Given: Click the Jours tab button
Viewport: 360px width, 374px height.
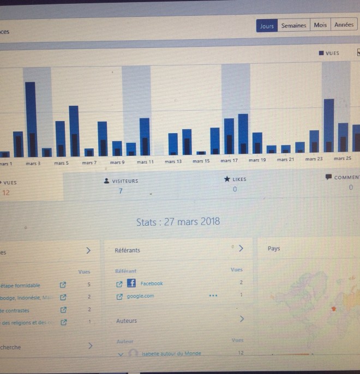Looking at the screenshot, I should coord(267,26).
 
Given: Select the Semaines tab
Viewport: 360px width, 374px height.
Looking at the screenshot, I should coord(293,26).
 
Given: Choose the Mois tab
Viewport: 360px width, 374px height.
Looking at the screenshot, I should coord(320,25).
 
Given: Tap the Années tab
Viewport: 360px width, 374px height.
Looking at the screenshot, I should coord(344,25).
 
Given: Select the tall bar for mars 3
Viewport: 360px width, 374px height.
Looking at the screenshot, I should coord(31,119).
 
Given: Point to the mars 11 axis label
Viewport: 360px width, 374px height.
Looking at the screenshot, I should coord(145,162).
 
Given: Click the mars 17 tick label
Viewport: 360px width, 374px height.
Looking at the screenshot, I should coord(229,161).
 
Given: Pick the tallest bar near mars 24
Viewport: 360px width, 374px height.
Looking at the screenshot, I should coord(328,125).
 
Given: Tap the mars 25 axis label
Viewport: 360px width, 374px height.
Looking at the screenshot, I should coord(343,159).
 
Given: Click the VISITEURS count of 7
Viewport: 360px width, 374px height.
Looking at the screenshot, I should coord(121,191).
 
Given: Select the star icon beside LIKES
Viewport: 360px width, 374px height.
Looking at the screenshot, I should coord(227,179).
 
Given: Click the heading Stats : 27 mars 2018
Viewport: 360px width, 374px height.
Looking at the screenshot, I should coord(178,221).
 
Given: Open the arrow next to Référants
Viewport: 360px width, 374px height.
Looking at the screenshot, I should coord(241,248).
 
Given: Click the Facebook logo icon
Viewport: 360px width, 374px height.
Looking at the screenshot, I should coord(131,283).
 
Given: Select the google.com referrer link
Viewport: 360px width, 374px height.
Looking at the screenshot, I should coord(140,296).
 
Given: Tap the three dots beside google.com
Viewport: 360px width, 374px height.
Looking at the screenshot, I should coord(213,295).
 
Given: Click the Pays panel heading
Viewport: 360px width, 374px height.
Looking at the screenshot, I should coord(274,249).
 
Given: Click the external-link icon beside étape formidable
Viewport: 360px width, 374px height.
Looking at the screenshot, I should coord(63,285).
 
